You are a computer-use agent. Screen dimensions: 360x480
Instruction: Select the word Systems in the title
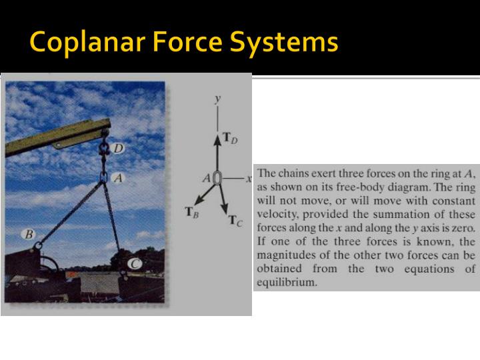pyautogui.click(x=285, y=43)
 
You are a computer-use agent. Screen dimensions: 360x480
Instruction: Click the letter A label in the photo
pyautogui.click(x=118, y=179)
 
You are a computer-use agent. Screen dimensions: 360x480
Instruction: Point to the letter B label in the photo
pyautogui.click(x=29, y=235)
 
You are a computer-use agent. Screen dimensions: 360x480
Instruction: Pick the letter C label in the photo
pyautogui.click(x=135, y=264)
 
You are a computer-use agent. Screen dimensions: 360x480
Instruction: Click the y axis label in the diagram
pyautogui.click(x=217, y=98)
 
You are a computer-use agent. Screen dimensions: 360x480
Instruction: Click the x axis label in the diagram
pyautogui.click(x=248, y=179)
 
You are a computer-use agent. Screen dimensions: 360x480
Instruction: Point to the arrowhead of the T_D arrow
pyautogui.click(x=217, y=138)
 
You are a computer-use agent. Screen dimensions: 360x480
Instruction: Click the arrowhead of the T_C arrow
pyautogui.click(x=225, y=208)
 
